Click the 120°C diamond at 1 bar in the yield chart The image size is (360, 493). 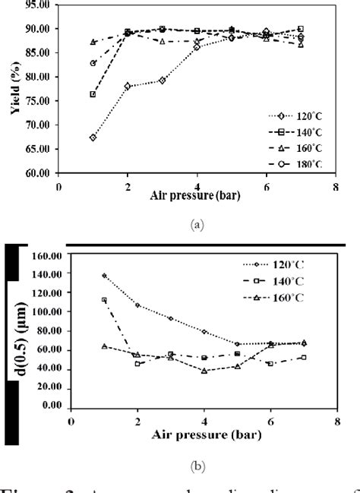93,137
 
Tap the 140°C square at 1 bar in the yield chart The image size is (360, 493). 93,94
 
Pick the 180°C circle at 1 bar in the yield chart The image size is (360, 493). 93,63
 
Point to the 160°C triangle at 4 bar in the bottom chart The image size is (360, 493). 204,371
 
